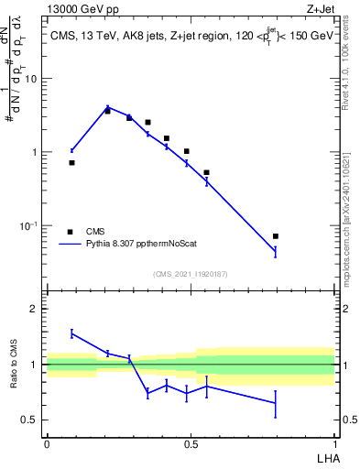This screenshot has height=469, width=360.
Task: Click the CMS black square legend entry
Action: (x=70, y=232)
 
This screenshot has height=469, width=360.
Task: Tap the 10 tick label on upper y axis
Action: (x=31, y=79)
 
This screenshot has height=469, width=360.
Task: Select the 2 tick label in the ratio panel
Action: (x=33, y=310)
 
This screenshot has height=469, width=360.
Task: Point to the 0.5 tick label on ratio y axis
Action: (x=29, y=420)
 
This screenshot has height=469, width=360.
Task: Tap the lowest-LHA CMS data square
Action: (x=71, y=162)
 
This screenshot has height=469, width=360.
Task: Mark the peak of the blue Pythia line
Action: (x=108, y=107)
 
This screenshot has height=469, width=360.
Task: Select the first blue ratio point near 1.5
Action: (x=71, y=333)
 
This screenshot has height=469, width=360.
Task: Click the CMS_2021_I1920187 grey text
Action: (x=190, y=274)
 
